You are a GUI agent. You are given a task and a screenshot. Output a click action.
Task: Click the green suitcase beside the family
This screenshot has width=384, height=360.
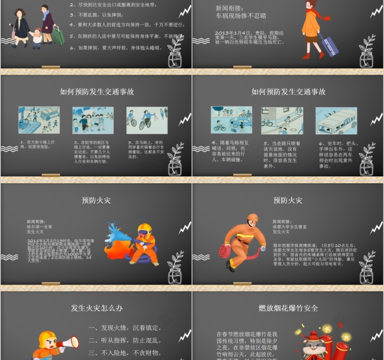[58, 35]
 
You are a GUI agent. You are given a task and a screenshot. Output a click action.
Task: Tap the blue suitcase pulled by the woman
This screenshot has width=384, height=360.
[329, 45]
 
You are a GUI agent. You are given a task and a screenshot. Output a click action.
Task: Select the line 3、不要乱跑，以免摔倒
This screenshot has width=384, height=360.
[93, 15]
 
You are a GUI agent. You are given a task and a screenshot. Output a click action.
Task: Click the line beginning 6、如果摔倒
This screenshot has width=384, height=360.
[116, 48]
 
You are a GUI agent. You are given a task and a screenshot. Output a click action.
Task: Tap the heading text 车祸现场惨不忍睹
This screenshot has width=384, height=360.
[241, 16]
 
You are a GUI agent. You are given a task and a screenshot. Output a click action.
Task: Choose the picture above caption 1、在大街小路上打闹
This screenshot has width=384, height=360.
[39, 120]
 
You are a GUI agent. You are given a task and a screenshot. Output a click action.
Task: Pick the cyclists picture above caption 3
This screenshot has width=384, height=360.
[147, 120]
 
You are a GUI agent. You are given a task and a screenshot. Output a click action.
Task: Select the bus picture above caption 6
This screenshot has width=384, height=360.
[336, 121]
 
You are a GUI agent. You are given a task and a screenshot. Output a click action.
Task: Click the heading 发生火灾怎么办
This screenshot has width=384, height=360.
[96, 308]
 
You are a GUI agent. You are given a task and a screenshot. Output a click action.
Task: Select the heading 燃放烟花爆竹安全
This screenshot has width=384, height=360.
[288, 308]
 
